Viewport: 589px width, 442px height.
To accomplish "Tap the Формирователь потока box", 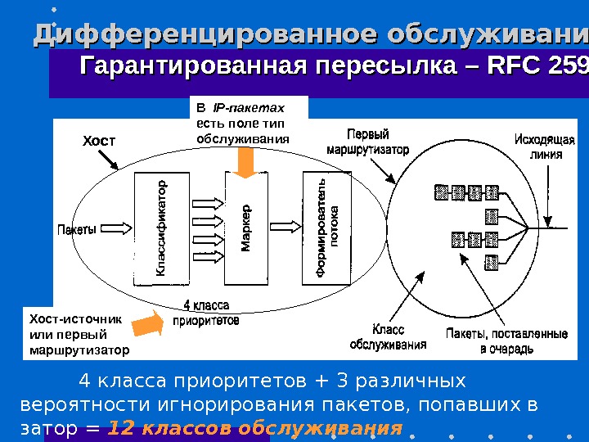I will pyautogui.click(x=326, y=225).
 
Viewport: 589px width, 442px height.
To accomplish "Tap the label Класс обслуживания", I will pyautogui.click(x=389, y=337).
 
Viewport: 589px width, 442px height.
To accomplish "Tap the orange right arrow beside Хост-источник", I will pyautogui.click(x=147, y=325).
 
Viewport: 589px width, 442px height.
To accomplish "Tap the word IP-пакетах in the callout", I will pyautogui.click(x=248, y=107).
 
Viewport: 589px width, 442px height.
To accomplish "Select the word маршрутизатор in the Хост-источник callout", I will pyautogui.click(x=79, y=350).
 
